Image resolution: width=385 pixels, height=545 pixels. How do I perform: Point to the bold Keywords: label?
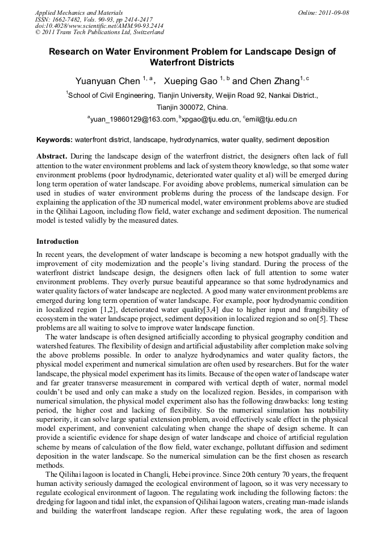click(x=55, y=140)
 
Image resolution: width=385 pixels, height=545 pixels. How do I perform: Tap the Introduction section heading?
click(x=57, y=242)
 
